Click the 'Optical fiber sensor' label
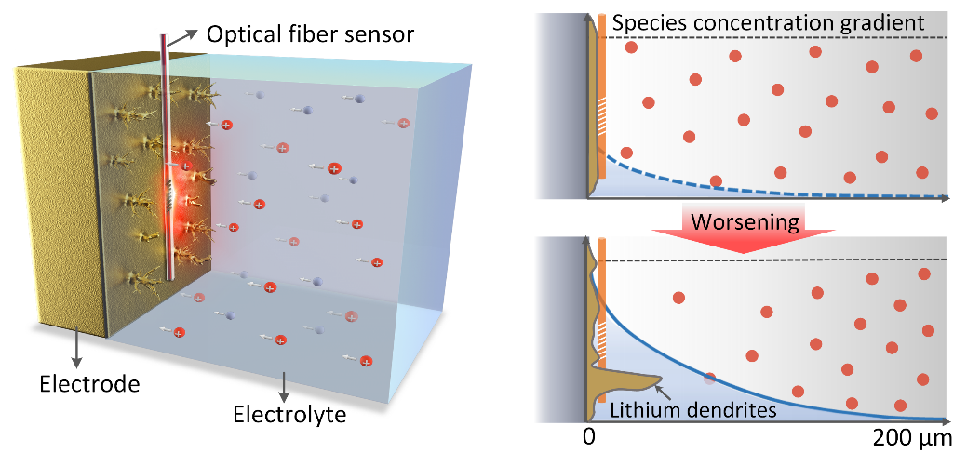pos(309,35)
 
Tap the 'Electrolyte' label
pos(289,413)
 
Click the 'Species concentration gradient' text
pos(769,22)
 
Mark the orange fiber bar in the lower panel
pos(603,288)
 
